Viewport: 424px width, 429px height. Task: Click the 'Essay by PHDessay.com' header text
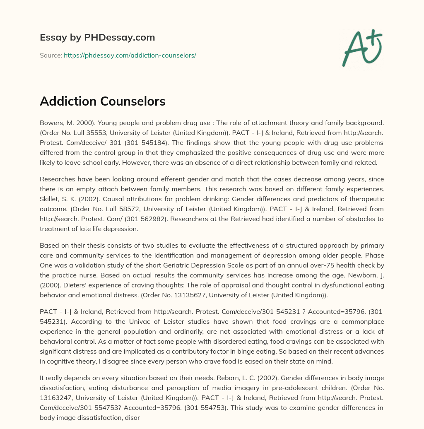click(x=97, y=38)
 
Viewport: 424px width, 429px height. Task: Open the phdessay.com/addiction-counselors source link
click(x=130, y=55)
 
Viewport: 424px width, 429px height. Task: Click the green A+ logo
click(x=361, y=48)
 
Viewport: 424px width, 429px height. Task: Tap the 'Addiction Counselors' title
click(x=102, y=101)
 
